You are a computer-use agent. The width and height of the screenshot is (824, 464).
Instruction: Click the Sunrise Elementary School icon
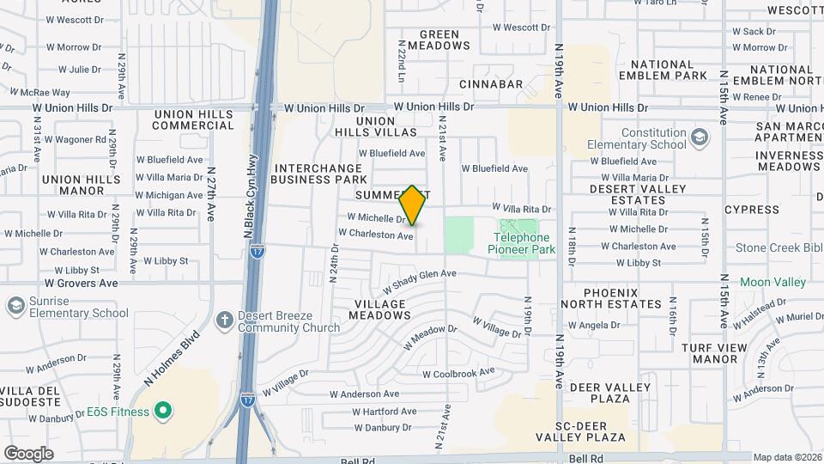(x=15, y=307)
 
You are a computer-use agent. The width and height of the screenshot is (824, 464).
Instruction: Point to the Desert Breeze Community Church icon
(x=225, y=321)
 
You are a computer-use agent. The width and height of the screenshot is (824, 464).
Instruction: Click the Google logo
(x=28, y=453)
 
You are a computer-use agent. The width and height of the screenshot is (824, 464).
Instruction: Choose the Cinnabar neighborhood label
(x=491, y=84)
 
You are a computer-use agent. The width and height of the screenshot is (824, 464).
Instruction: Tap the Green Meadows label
(x=439, y=40)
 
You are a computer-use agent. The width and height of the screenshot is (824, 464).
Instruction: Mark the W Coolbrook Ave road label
(x=458, y=373)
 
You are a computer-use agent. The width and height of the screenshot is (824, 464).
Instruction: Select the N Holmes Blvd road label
(x=172, y=358)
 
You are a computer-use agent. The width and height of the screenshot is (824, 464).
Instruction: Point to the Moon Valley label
(x=772, y=282)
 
